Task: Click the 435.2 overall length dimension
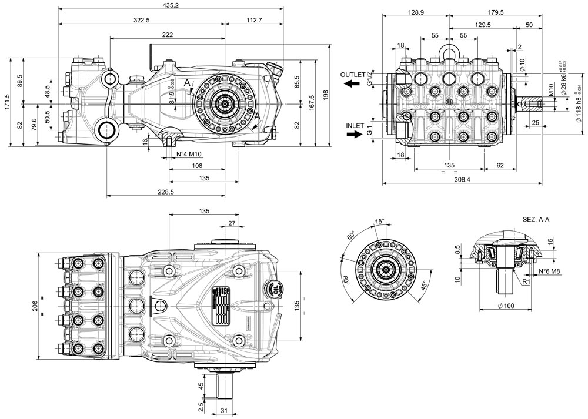[x=171, y=5]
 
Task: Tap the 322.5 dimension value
[x=142, y=20]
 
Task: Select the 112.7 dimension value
[x=254, y=20]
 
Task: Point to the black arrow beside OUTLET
[x=352, y=84]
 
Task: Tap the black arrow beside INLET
[x=355, y=134]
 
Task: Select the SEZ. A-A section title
[x=536, y=219]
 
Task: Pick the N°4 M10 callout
[x=189, y=155]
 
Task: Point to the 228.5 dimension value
[x=166, y=192]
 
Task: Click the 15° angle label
[x=380, y=222]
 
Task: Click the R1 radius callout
[x=527, y=281]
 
